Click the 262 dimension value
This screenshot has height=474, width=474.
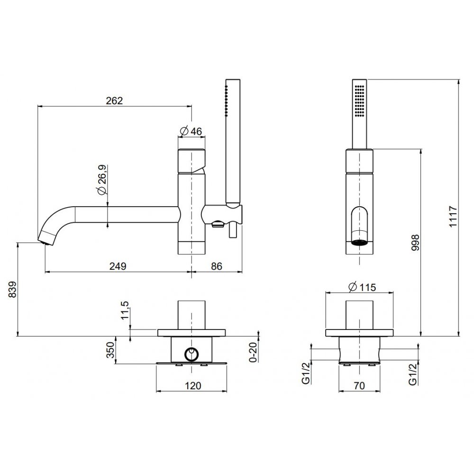click(115, 100)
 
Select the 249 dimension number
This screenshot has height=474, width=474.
click(118, 266)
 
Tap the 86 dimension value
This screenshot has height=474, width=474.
click(217, 266)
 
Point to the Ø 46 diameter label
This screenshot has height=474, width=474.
click(191, 131)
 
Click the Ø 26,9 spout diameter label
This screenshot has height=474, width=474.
click(102, 180)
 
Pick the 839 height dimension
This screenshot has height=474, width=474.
click(12, 289)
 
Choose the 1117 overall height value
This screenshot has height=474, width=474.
click(453, 217)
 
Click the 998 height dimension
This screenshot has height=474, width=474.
click(416, 243)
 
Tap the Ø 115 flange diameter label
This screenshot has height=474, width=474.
click(362, 287)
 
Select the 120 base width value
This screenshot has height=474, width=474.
click(193, 386)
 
